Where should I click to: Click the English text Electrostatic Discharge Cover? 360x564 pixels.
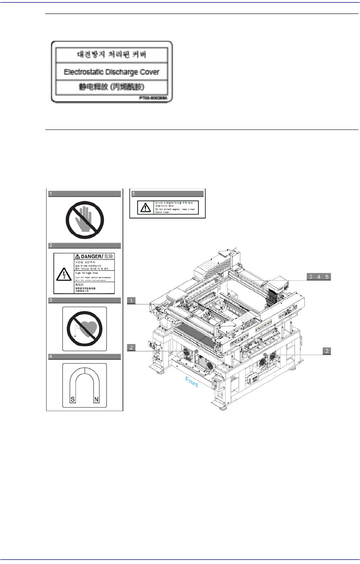coord(112,72)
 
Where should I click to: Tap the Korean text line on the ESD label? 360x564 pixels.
coord(112,55)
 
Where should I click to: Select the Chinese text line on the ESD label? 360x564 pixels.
coord(112,87)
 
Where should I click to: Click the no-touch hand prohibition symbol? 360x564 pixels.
coord(85,219)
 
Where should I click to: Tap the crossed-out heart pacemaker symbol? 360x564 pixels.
coord(84,328)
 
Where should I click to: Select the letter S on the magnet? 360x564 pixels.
coord(73,400)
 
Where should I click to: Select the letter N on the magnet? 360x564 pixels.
coord(96,400)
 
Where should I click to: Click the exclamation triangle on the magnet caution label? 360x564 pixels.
coord(145,207)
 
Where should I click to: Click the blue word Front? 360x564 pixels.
coord(192,382)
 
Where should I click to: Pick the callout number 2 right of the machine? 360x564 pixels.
coord(327,351)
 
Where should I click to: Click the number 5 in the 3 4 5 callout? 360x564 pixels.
coord(327,277)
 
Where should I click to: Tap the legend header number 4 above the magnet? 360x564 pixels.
coord(51,357)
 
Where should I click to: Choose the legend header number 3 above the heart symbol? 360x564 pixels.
coord(51,301)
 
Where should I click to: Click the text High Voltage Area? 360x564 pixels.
coord(86,273)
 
